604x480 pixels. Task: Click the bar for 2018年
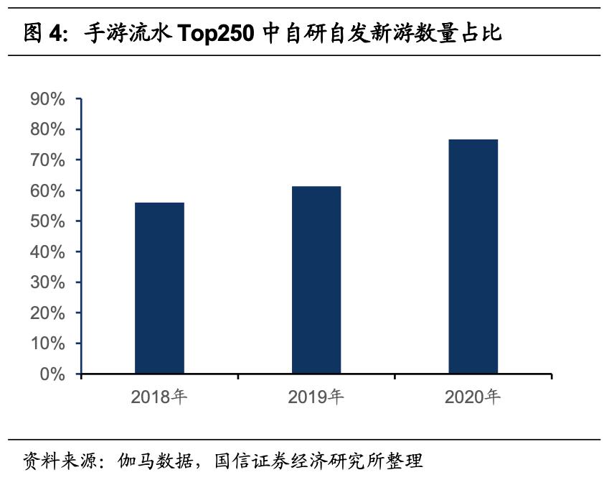[x=159, y=287]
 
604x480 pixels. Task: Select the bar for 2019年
[x=316, y=280]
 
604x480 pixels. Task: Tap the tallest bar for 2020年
[x=473, y=257]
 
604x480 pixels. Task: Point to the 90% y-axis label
[x=48, y=99]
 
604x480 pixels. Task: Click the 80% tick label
[x=48, y=129]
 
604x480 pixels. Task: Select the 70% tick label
[x=48, y=160]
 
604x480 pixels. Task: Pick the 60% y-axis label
[x=48, y=191]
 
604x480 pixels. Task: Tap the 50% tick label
[x=48, y=221]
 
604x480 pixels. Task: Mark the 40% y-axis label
[x=48, y=252]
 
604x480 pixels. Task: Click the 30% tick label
[x=48, y=282]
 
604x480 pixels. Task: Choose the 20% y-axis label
[x=48, y=313]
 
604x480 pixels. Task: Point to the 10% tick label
[x=48, y=343]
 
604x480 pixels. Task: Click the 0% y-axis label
[x=52, y=374]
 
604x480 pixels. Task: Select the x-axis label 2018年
[x=159, y=397]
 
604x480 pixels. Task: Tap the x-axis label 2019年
[x=316, y=397]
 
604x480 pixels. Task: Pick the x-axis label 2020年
[x=473, y=397]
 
